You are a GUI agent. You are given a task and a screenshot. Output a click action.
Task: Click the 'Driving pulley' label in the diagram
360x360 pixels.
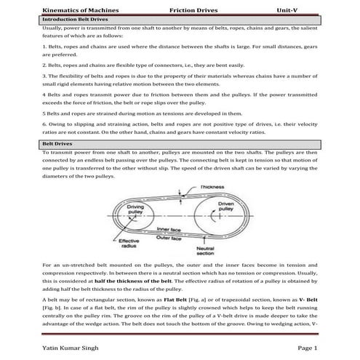tap(135, 209)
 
